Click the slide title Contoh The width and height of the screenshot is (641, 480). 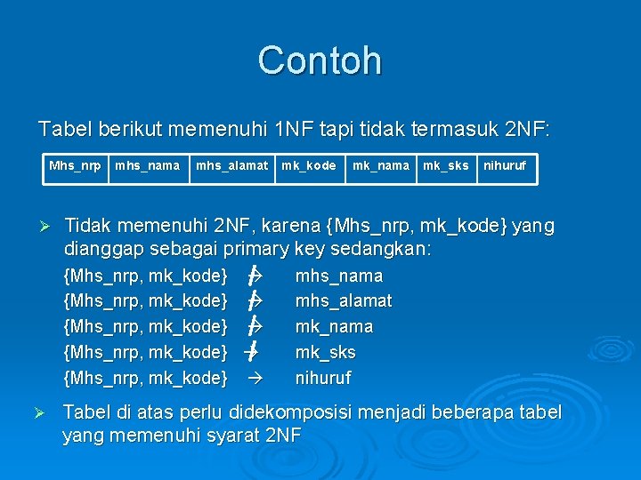coord(320,60)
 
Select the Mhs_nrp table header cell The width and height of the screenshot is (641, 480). coord(75,165)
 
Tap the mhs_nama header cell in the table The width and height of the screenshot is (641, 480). coord(147,165)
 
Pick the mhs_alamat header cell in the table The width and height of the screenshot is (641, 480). coord(231,165)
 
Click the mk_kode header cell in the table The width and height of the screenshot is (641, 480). coord(308,165)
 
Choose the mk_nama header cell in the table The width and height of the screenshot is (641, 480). coord(381,165)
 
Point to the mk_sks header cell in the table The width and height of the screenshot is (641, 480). coord(445,165)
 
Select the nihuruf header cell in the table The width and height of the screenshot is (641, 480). coord(505,165)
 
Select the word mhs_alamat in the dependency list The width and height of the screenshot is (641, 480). coord(344,301)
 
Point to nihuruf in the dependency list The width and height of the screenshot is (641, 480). coord(323,378)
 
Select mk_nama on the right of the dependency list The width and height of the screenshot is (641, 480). coord(334,326)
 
